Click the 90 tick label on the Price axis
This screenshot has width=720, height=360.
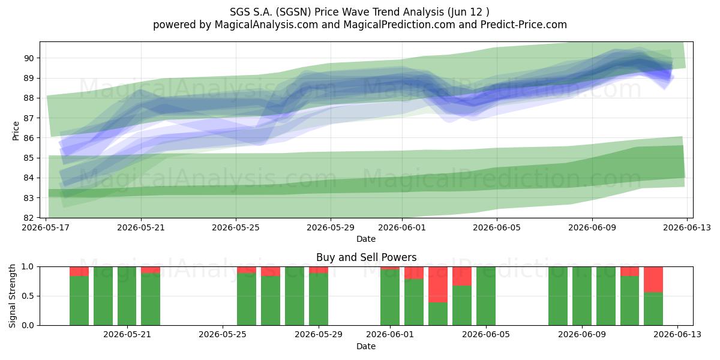pos(29,58)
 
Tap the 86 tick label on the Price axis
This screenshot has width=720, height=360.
pos(29,138)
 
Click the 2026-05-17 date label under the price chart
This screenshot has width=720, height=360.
pos(46,227)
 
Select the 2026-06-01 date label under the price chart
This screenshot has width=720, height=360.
pos(402,227)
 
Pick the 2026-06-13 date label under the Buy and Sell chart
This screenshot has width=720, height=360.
pos(677,334)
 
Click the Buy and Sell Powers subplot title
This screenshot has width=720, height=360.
pos(367,257)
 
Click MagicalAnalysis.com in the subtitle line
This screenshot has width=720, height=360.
pos(266,25)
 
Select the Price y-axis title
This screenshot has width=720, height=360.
pos(16,131)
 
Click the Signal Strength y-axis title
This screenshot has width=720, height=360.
pos(12,296)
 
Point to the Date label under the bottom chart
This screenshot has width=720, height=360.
pos(366,346)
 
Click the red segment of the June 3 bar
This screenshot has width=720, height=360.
pos(438,284)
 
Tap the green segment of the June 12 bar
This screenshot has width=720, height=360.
pos(653,309)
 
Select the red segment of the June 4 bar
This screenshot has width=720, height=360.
pos(462,276)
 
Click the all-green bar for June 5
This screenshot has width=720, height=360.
pos(486,296)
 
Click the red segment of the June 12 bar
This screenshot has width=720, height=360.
pos(653,280)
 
